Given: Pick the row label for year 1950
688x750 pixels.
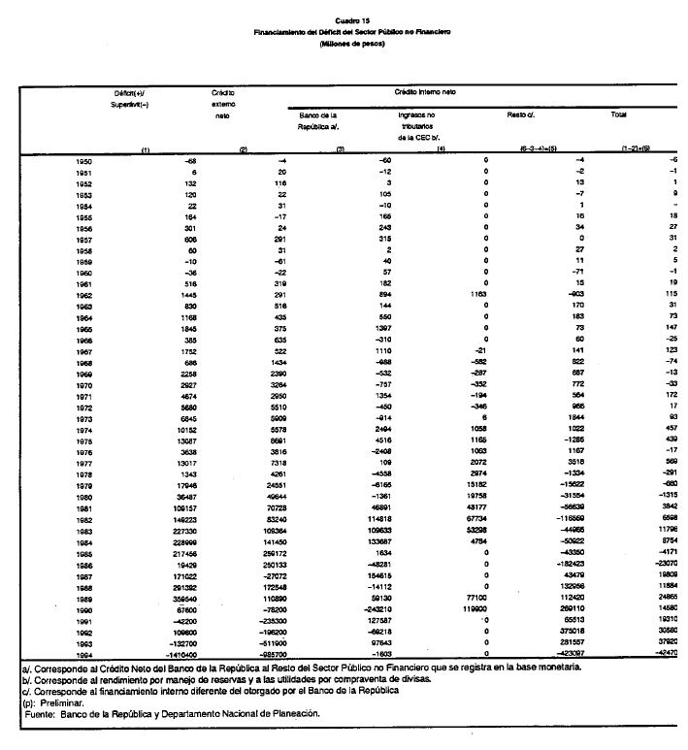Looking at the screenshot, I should [x=84, y=158].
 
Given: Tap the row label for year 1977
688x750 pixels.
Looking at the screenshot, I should [x=84, y=462].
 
